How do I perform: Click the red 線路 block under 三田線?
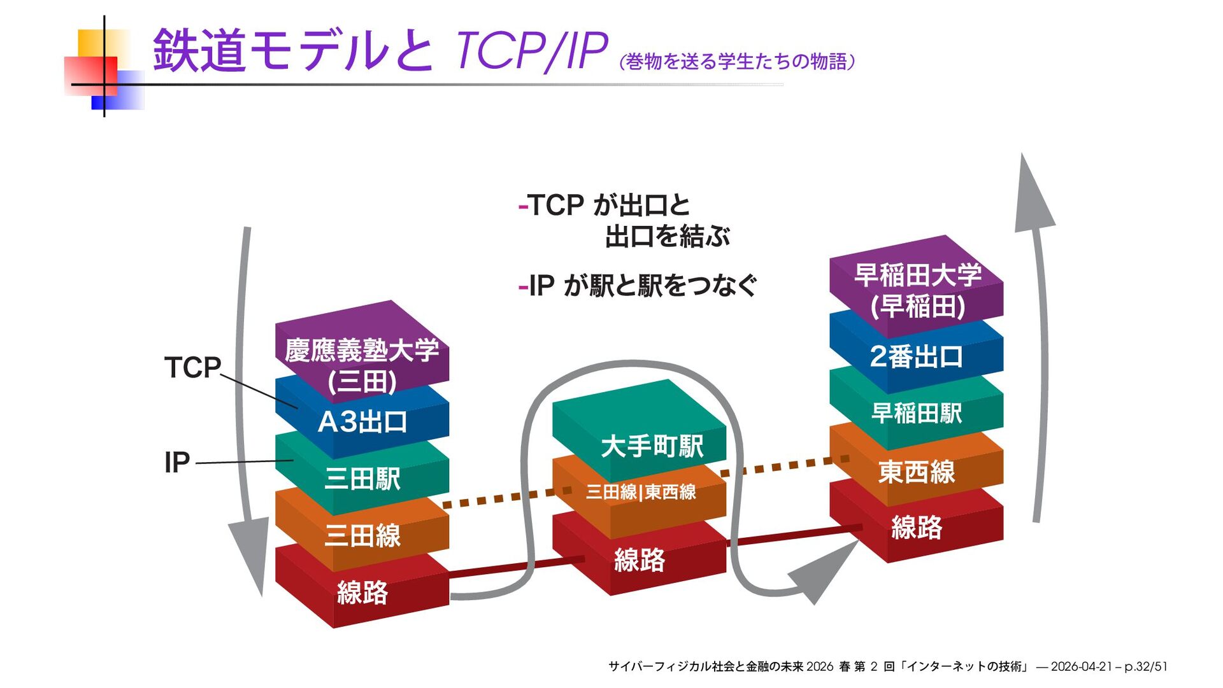click(x=362, y=592)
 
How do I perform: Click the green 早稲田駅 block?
click(x=916, y=413)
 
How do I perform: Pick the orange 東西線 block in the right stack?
click(x=916, y=472)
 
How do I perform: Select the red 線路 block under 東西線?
click(x=916, y=528)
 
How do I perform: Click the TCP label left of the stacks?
click(x=192, y=367)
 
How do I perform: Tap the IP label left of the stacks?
click(x=177, y=462)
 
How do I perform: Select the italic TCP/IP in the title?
click(x=531, y=51)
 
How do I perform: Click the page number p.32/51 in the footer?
click(x=1145, y=666)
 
